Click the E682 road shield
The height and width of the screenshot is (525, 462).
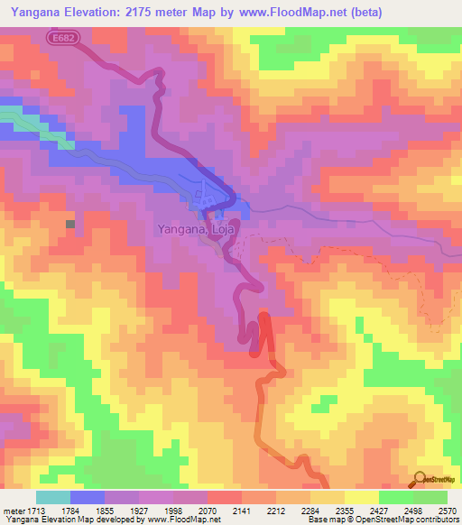click(x=62, y=37)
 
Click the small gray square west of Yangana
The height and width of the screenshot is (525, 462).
click(x=69, y=223)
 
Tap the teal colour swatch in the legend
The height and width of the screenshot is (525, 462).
click(x=52, y=497)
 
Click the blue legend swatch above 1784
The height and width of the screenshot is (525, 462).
click(x=87, y=497)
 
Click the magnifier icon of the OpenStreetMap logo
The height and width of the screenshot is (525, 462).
click(x=420, y=478)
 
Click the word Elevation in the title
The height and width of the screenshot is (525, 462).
click(x=98, y=12)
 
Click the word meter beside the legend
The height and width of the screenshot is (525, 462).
click(x=14, y=510)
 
